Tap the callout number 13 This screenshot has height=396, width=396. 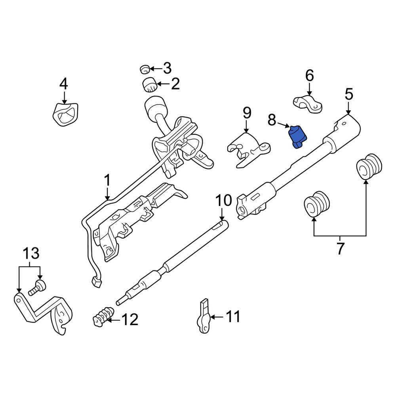[31, 253]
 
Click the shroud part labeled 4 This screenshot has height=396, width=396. [65, 114]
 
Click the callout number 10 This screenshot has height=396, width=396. [223, 201]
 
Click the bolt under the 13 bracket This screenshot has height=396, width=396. [37, 287]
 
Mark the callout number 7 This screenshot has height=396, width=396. [340, 248]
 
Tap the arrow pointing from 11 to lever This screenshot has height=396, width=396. [217, 317]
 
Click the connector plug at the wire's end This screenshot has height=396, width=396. [96, 282]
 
